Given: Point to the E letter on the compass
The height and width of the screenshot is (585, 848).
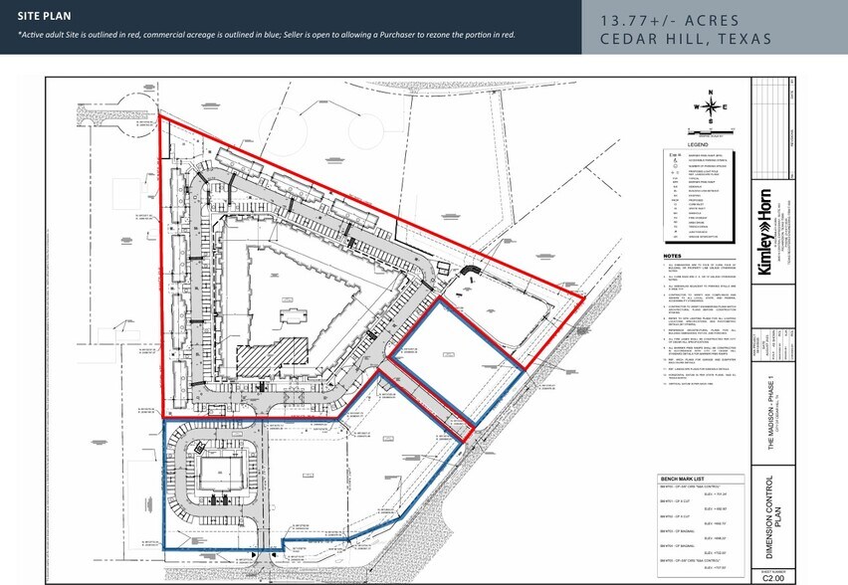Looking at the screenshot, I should [726, 107].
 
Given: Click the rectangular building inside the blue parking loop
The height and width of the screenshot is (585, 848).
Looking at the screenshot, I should [215, 471].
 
